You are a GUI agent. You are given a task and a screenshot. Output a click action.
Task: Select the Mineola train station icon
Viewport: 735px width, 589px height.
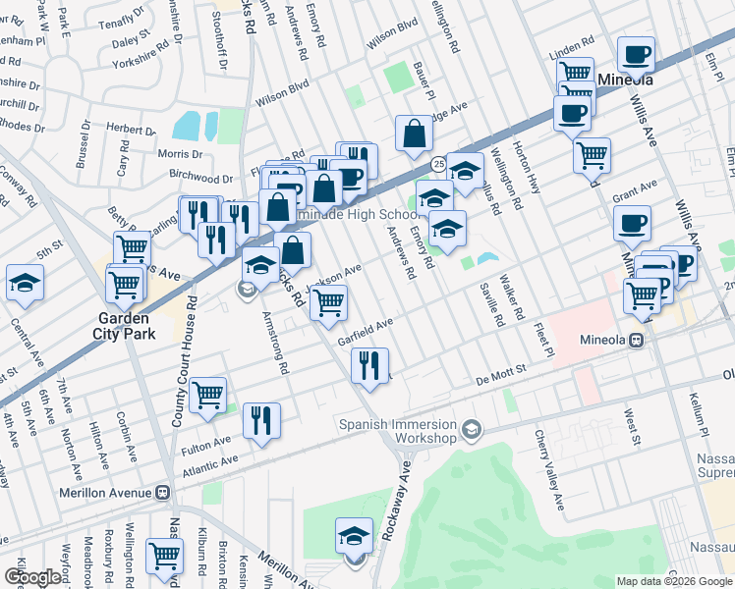tap(637, 340)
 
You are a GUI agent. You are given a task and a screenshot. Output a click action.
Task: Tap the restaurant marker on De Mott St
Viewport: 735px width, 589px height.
tap(369, 365)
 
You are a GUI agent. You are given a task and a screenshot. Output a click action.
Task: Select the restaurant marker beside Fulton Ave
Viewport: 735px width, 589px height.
tap(261, 420)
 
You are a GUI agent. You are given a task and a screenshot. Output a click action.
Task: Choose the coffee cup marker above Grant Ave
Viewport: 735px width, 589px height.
tap(633, 222)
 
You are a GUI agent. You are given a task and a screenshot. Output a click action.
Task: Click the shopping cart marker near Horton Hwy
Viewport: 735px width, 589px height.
tap(592, 153)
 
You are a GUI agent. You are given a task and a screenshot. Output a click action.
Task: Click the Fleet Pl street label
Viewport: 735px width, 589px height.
tap(542, 338)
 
